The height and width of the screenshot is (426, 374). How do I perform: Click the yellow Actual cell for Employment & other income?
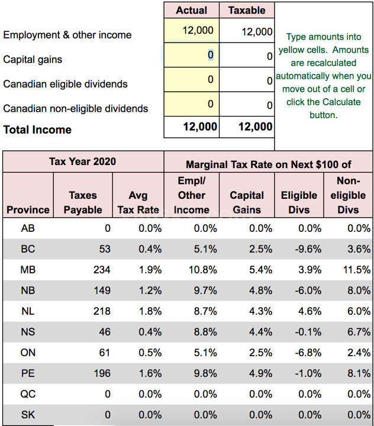click(191, 30)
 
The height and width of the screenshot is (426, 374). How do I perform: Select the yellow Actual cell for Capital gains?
click(191, 55)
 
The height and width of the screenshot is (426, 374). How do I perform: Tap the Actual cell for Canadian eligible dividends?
click(191, 80)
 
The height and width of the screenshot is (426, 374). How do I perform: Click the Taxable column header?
click(247, 10)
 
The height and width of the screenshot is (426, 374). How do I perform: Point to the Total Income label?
click(37, 130)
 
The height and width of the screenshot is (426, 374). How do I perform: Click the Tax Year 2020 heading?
click(82, 162)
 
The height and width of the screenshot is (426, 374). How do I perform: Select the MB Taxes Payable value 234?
click(101, 270)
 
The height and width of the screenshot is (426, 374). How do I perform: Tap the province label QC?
click(28, 394)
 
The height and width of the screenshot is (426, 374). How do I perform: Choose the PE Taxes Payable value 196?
click(101, 373)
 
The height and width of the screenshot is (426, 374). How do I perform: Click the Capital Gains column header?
click(247, 202)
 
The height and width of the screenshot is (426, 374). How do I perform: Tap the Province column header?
click(28, 209)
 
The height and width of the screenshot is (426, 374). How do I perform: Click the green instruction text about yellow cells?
click(324, 76)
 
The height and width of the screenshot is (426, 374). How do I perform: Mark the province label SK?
click(28, 415)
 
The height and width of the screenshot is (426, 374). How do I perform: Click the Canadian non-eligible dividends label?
click(76, 108)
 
